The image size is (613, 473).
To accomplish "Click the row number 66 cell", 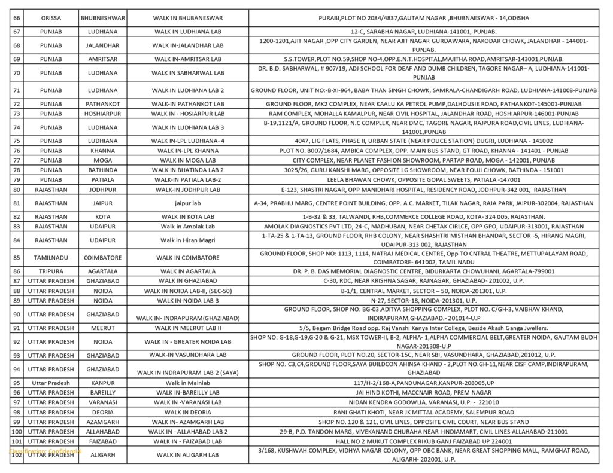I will coord(17,18).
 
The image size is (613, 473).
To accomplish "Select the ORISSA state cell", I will coord(51,18).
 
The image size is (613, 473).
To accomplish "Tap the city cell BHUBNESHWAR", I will coord(102,18).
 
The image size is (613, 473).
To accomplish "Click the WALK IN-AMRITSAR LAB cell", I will coord(189,59).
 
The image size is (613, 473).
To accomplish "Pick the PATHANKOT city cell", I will coord(102,104).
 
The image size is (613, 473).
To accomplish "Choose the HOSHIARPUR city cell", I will coord(102,114).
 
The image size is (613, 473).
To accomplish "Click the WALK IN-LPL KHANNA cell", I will coord(189,151).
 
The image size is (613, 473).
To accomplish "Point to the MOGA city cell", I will coord(102,160).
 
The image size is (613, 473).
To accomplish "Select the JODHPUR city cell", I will coord(102,190).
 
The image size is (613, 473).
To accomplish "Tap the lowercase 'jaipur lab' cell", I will coord(189,203).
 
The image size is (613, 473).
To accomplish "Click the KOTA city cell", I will coord(102,216).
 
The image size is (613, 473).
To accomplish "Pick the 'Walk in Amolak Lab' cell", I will coord(189,227).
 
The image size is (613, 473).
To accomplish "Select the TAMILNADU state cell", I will coord(51,258).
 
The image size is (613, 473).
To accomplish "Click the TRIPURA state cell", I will coord(51,271).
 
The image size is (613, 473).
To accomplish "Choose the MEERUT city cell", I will coord(102,328).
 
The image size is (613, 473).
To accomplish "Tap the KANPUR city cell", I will coord(102,383).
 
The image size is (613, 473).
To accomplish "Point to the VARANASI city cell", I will coord(102,402).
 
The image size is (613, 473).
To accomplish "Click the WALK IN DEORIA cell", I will coord(189,412).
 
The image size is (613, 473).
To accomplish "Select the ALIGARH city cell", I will coord(102,455).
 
